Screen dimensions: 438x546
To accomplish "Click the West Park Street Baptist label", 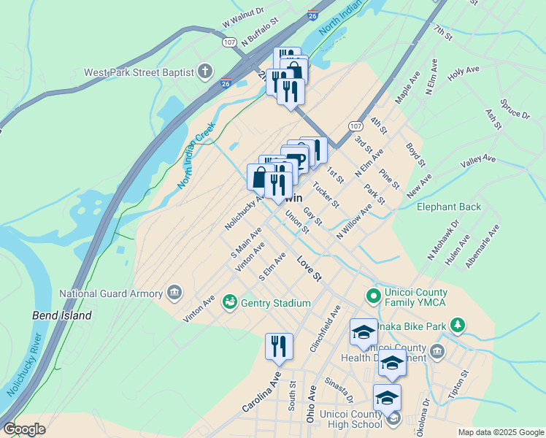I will (x=139, y=72).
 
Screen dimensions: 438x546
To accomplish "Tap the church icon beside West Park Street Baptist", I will (x=206, y=72).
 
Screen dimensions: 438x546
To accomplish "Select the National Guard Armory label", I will (x=111, y=294).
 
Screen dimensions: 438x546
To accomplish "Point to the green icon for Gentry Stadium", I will (x=230, y=301).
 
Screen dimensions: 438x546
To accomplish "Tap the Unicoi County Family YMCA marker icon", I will (x=373, y=296).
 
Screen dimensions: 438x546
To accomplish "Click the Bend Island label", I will (x=62, y=315).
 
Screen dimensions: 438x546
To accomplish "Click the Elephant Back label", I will (x=449, y=207).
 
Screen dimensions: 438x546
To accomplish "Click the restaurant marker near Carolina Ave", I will (x=279, y=347).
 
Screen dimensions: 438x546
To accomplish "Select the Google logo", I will (x=24, y=429).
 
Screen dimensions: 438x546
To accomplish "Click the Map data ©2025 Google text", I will (x=501, y=432).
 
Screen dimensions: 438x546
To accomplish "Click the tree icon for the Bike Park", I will (x=458, y=324).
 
